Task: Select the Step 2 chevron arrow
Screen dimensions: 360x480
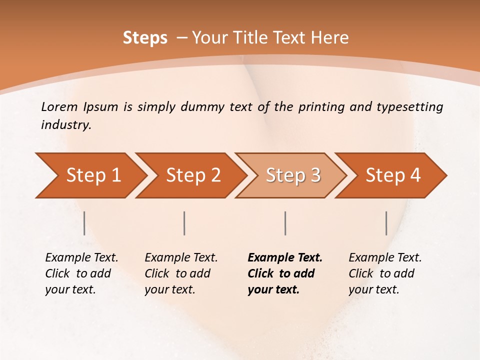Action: point(193,175)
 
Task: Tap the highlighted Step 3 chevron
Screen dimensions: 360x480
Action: point(293,175)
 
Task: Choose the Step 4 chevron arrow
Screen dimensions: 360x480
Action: point(393,175)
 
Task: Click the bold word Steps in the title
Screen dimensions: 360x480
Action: point(145,38)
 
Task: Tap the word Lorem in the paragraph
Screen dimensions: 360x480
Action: point(59,106)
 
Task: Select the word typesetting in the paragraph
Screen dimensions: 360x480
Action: point(414,106)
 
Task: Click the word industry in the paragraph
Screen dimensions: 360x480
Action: point(65,124)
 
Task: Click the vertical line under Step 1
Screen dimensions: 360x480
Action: point(84,223)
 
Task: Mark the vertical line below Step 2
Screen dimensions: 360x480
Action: point(184,223)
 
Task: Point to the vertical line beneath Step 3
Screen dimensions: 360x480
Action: point(285,223)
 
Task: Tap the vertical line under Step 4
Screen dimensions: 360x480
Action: point(386,223)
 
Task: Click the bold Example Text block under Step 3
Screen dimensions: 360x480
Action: point(284,273)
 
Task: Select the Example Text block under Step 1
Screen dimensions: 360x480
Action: point(81,273)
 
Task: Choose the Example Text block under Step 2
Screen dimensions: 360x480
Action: point(181,273)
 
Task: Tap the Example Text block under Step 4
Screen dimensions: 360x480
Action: point(385,273)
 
